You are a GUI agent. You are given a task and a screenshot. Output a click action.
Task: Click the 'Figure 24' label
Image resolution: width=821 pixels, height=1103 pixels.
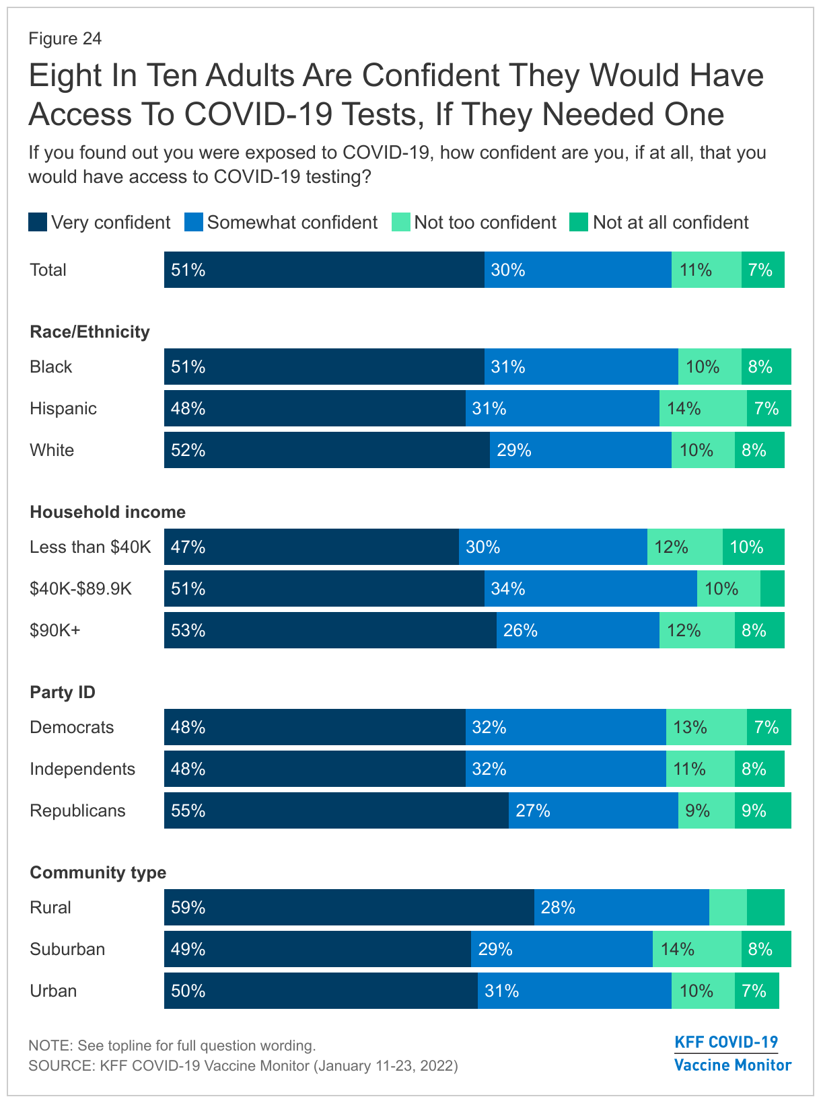point(65,39)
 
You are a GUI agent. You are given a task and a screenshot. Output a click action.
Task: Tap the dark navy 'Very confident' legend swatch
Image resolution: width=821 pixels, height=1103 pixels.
point(38,223)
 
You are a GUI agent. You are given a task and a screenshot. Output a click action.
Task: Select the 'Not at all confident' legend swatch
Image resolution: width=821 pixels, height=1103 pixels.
point(579,223)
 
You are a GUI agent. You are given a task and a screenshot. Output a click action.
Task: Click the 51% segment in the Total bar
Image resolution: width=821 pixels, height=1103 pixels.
point(324,270)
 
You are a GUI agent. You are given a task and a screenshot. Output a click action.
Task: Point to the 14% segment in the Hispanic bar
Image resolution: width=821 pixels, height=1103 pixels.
point(703,408)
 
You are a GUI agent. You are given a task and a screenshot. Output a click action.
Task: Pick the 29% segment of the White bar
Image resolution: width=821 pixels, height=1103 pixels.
point(580,450)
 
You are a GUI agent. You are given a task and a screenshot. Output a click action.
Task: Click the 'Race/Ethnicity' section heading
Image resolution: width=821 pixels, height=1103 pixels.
point(90,332)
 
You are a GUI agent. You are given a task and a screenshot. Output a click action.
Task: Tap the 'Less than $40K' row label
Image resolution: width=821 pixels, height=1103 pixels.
point(90,547)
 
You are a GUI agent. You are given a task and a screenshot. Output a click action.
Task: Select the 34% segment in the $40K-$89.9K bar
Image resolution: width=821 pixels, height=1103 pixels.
point(590,588)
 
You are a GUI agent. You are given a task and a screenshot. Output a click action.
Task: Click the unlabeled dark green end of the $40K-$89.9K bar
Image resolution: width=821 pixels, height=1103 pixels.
point(772,588)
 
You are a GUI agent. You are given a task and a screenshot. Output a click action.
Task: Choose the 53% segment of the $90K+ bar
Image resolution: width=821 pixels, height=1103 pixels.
point(330,630)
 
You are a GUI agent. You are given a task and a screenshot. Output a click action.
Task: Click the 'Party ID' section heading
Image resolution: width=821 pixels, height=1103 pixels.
point(63,692)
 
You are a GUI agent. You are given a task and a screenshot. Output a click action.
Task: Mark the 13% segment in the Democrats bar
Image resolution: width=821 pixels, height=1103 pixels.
point(706,727)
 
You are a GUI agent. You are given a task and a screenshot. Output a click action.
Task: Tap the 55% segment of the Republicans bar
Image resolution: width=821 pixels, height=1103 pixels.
point(336,810)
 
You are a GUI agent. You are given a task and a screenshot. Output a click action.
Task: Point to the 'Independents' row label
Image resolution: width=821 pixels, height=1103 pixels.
point(82,769)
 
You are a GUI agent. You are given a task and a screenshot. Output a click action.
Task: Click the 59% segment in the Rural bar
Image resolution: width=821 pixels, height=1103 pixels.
point(349,907)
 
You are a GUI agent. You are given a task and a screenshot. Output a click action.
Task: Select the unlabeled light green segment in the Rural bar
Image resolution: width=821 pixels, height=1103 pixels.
point(727,907)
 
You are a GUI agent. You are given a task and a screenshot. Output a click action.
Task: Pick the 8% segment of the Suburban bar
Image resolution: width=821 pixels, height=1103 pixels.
point(766,949)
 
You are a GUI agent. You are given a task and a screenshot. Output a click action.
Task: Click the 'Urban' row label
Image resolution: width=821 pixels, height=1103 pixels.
point(53,991)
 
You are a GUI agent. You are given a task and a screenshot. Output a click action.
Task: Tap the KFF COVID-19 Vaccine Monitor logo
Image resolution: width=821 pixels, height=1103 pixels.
point(732,1053)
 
